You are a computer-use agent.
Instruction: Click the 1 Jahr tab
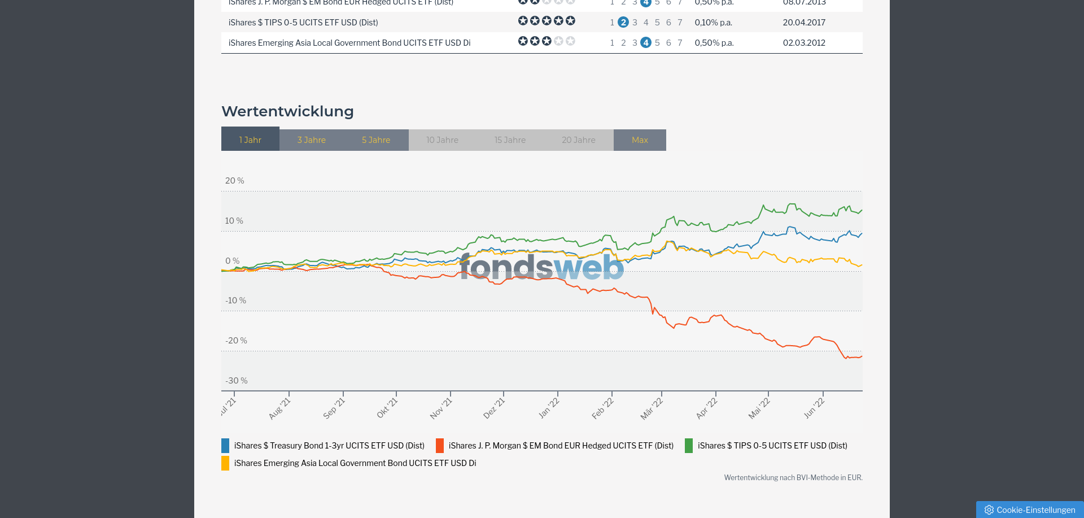250,140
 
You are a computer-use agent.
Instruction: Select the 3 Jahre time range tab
312,140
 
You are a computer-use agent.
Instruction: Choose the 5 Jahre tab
376,140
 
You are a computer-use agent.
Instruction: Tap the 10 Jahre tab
442,140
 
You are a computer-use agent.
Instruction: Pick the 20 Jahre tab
578,140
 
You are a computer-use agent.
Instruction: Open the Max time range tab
640,140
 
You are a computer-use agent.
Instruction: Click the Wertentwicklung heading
287,111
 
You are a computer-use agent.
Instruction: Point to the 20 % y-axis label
234,181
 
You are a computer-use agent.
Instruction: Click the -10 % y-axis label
235,301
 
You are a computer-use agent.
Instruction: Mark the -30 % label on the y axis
236,381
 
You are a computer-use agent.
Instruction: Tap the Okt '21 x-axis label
387,408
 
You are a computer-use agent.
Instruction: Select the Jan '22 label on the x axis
549,408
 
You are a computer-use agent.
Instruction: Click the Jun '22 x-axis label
814,408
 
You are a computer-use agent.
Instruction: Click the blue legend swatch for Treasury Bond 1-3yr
225,446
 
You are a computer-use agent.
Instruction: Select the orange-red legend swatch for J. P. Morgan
440,446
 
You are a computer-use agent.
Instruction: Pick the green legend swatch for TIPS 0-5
689,446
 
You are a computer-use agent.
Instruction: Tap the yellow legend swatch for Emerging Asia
225,463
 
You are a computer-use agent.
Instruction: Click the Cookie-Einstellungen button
1030,510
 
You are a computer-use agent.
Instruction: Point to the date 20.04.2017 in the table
804,23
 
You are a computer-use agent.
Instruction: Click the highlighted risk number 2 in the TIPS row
623,23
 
